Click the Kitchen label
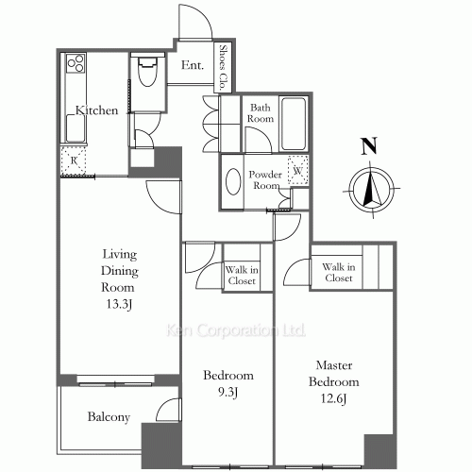tap(96, 110)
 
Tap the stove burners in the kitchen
tap(76, 62)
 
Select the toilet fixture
tap(147, 72)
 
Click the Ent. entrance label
tap(193, 65)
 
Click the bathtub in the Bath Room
tap(294, 124)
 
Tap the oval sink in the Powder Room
tap(233, 181)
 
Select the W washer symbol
tap(297, 170)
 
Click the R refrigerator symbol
tap(74, 160)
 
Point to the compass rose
tap(372, 190)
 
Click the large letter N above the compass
tap(369, 146)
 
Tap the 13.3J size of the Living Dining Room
tap(118, 304)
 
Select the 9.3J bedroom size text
tap(228, 392)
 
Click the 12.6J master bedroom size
tap(333, 398)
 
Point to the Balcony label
tap(109, 417)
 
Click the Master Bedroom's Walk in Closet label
tap(339, 273)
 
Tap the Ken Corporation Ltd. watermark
tap(235, 330)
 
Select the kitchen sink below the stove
tap(76, 127)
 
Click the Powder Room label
tap(265, 179)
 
